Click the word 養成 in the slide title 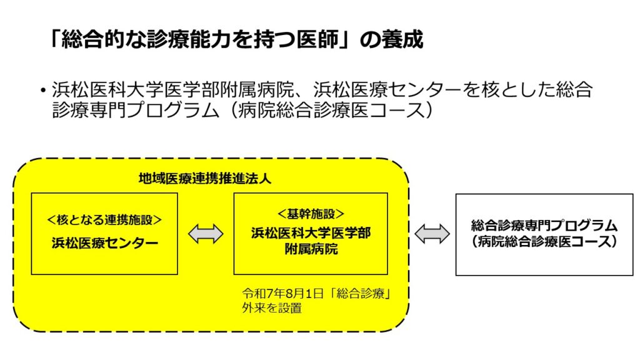click(x=403, y=39)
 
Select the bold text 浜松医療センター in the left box click(x=104, y=243)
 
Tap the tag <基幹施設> click(x=311, y=212)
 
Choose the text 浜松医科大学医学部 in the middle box click(x=311, y=233)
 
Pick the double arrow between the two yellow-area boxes click(x=206, y=234)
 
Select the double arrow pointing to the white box click(x=432, y=234)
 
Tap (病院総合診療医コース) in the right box click(x=544, y=242)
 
